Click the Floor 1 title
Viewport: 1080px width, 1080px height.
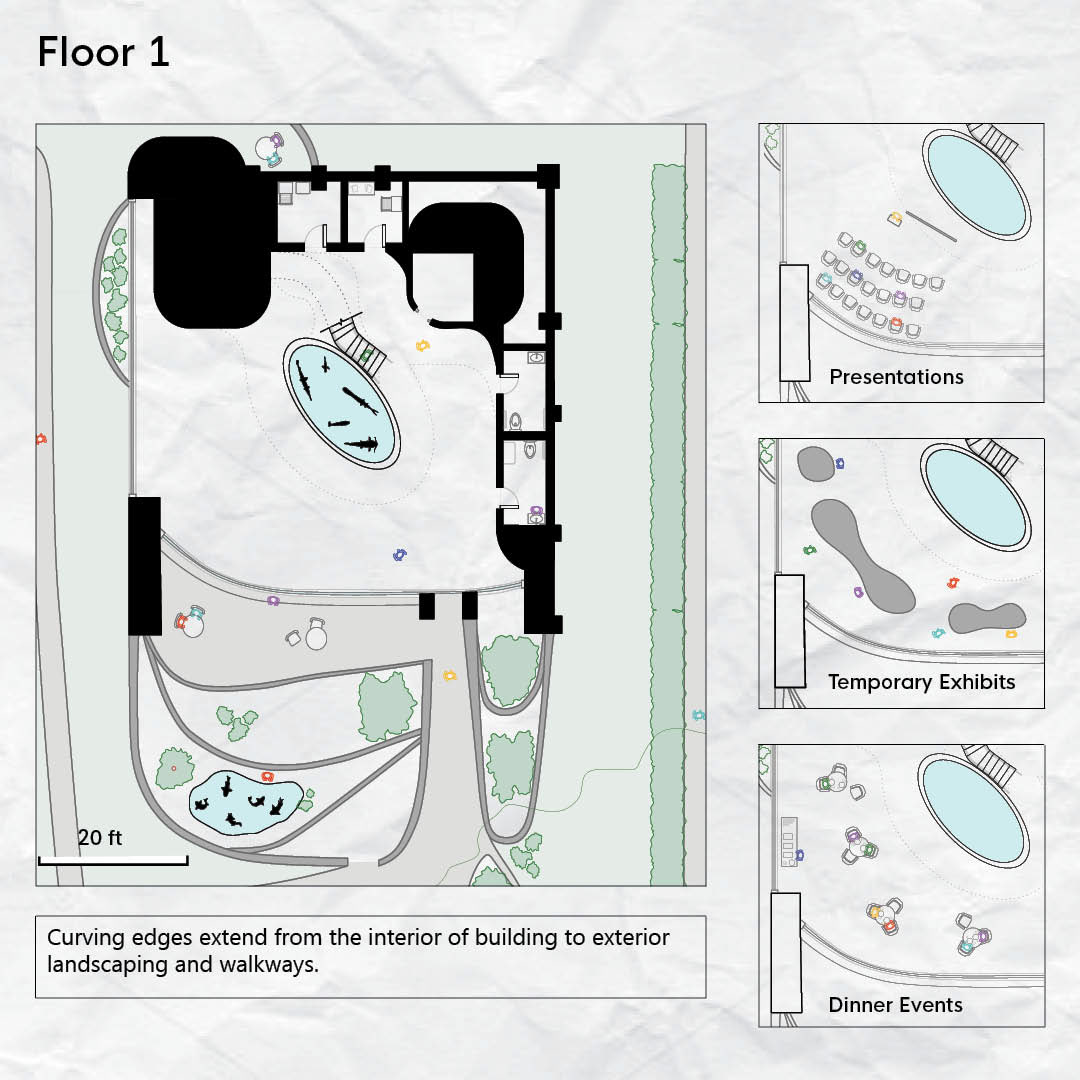[103, 52]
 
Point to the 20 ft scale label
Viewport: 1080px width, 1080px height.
[100, 838]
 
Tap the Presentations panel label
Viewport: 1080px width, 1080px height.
[896, 377]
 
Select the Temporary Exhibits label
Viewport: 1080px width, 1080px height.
[921, 682]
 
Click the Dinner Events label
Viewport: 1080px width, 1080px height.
[895, 1005]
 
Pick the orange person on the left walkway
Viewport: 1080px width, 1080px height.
[40, 438]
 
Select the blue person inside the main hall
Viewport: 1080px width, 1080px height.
[401, 553]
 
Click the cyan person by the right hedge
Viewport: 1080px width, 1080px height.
[698, 715]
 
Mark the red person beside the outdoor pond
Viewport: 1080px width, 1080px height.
[267, 776]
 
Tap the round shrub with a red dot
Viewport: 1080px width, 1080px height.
[173, 768]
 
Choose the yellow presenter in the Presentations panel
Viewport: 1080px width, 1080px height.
[895, 217]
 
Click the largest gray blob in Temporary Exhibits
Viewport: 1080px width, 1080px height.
[862, 554]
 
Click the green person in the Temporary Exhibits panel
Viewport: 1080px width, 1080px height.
[809, 549]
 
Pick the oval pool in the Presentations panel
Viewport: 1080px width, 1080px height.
[977, 184]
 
